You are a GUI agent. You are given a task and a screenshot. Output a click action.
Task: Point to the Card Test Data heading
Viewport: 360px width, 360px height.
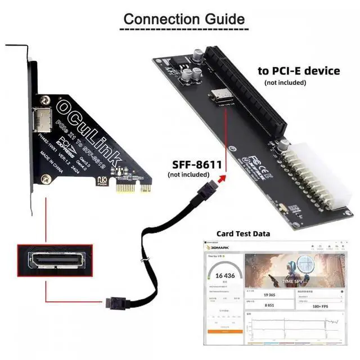[x=243, y=233]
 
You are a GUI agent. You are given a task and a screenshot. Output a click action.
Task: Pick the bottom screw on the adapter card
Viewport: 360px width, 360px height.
[x=47, y=180]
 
